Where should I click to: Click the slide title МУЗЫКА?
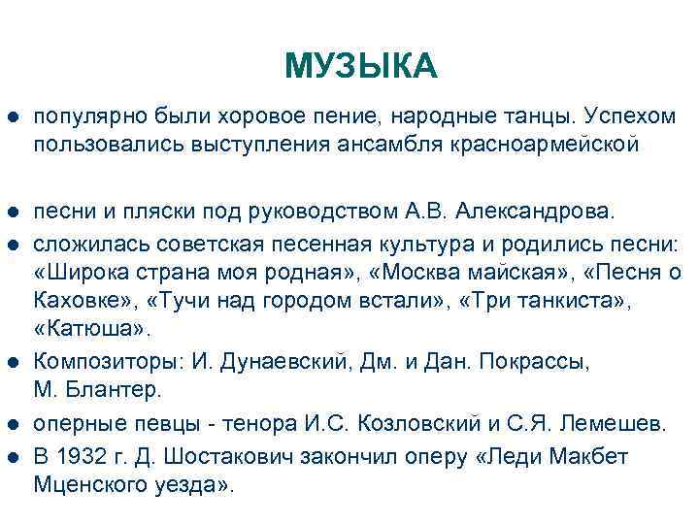(361, 66)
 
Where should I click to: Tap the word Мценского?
(84, 483)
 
